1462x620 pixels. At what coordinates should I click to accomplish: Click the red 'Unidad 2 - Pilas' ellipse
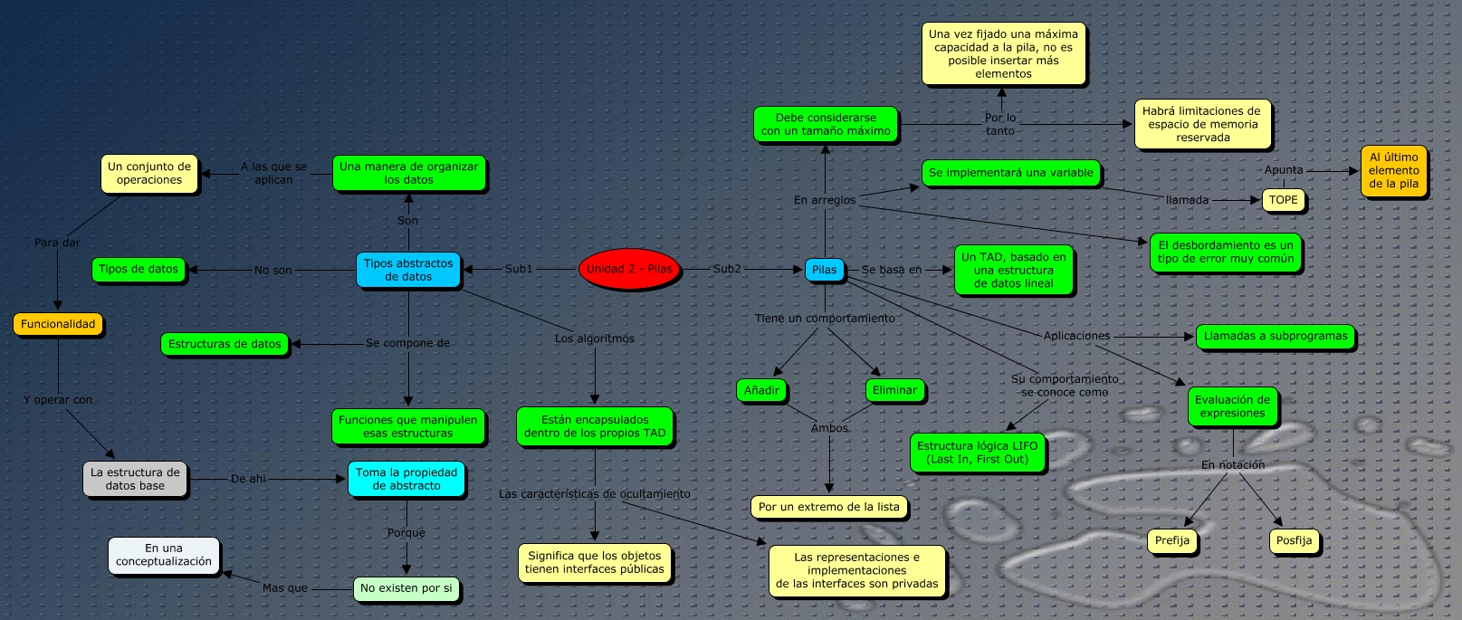pos(629,269)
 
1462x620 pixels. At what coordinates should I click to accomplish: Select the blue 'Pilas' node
pos(824,270)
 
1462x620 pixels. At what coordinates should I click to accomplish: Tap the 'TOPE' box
pos(1283,200)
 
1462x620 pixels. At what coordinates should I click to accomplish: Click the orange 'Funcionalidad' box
pos(58,324)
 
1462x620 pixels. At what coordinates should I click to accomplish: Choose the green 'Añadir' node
pos(761,390)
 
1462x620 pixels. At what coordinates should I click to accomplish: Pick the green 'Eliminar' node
pos(894,390)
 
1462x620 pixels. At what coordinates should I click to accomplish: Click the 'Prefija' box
pos(1171,540)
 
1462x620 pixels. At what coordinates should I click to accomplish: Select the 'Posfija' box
pos(1294,540)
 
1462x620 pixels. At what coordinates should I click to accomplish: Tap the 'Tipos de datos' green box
pos(139,269)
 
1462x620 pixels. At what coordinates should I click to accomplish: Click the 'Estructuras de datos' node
pos(225,344)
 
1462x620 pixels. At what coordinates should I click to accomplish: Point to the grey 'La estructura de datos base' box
pos(135,479)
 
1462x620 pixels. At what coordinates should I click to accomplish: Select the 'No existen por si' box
pos(406,588)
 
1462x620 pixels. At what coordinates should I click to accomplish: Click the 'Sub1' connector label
pos(519,269)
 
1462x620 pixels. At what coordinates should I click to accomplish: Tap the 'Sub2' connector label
pos(727,269)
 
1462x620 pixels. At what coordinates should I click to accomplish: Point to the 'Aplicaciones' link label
pos(1076,336)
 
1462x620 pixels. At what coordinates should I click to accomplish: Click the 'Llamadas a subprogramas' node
pos(1275,336)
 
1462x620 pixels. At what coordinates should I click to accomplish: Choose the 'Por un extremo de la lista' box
pos(828,507)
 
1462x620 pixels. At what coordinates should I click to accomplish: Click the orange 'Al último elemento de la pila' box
pos(1393,170)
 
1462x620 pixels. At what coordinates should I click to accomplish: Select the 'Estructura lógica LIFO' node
pos(977,453)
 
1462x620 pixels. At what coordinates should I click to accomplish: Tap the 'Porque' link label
pos(406,533)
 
